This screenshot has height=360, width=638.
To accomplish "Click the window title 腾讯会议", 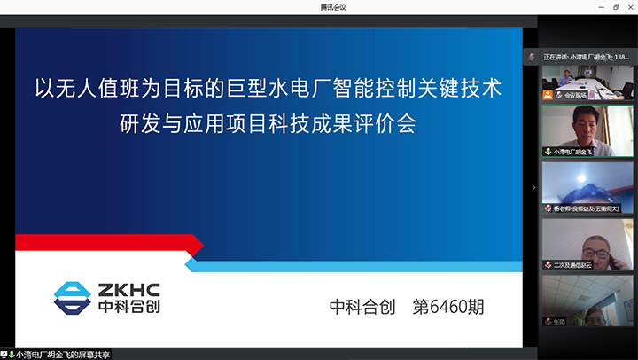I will tap(333, 7).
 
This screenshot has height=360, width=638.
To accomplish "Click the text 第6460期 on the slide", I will tap(448, 308).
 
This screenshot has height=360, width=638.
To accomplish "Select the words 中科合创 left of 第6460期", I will tap(363, 308).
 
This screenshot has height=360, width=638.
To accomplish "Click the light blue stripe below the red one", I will tap(354, 264).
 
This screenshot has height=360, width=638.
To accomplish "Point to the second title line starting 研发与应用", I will tap(268, 123).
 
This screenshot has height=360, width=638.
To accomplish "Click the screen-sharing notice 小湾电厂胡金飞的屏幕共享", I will tap(62, 354).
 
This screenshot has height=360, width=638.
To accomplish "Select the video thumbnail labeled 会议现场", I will tap(587, 82).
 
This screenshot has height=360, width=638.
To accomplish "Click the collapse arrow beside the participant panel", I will tap(533, 187).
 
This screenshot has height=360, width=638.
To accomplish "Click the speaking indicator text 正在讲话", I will tap(556, 56).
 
